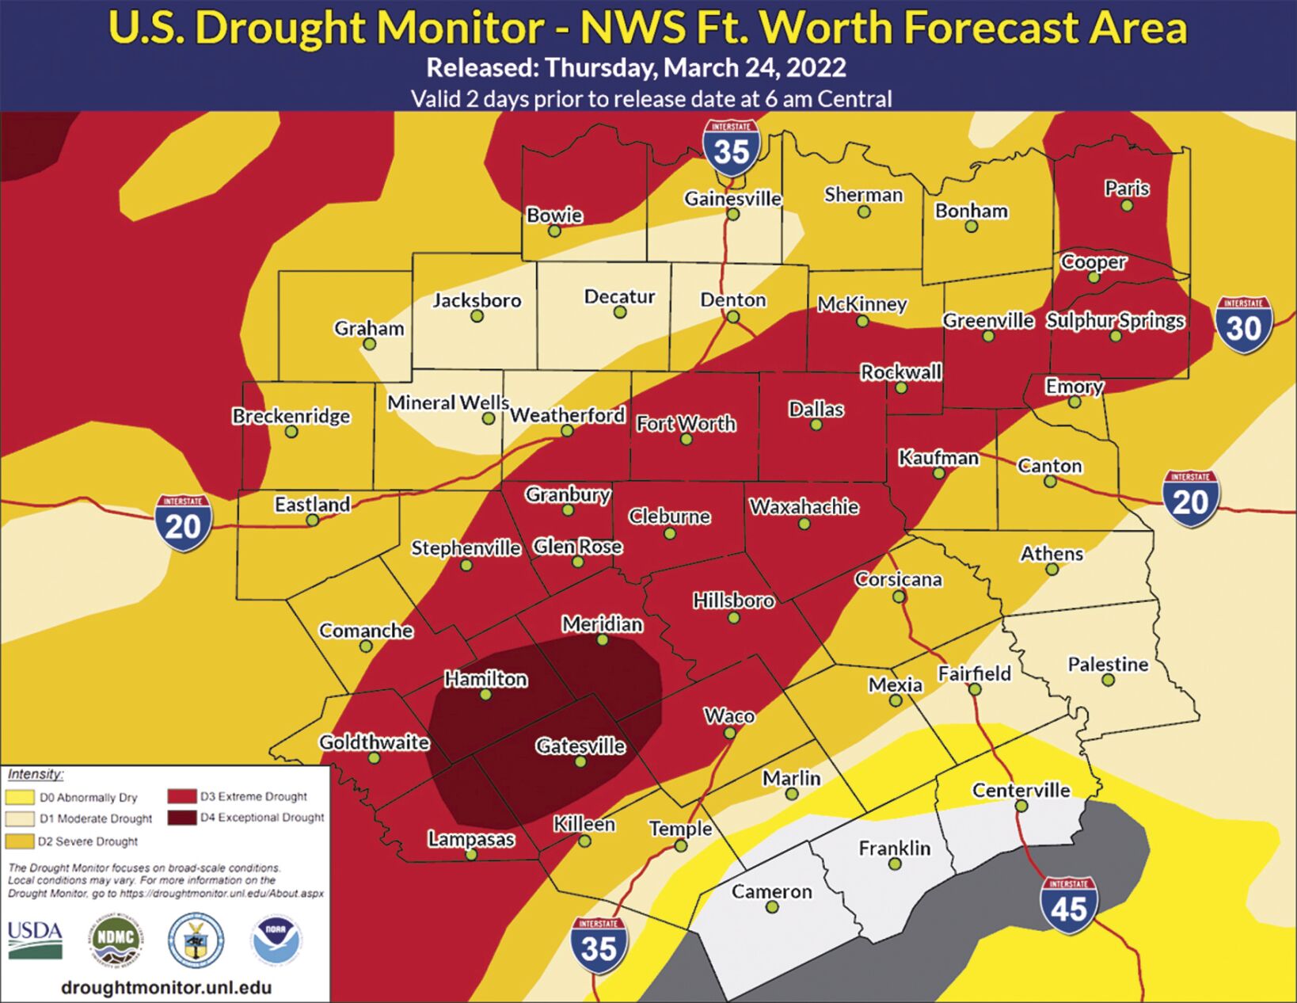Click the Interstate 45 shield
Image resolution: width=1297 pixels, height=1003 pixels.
1069,906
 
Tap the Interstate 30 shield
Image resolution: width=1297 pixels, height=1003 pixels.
1244,325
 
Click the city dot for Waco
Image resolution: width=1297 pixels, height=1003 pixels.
730,733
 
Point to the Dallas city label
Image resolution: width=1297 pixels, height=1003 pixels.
816,410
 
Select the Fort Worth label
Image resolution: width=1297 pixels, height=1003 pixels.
686,424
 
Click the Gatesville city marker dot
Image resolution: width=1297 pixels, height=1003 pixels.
580,761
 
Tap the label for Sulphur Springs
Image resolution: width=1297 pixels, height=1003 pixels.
1115,321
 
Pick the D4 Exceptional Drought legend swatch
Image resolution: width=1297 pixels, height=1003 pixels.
182,818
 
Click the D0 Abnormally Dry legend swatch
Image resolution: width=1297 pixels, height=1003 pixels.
20,797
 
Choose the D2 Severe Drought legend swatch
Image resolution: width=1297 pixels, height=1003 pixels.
20,841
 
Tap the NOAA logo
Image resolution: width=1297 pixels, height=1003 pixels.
276,940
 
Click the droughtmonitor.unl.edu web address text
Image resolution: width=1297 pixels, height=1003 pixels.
165,987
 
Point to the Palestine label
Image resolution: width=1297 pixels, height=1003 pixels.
1108,664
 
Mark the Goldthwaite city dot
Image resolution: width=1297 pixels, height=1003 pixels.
375,758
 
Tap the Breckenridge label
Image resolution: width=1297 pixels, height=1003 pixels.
291,416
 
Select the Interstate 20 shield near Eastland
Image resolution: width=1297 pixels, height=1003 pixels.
184,524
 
